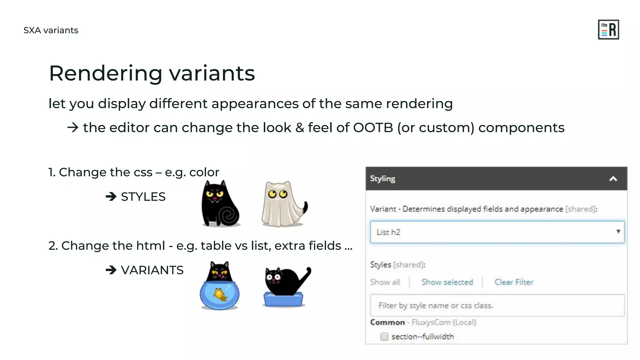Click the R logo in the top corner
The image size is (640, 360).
pyautogui.click(x=608, y=30)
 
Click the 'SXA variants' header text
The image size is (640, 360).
pyautogui.click(x=51, y=30)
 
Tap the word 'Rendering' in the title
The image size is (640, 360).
pyautogui.click(x=106, y=73)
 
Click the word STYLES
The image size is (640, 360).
pyautogui.click(x=143, y=197)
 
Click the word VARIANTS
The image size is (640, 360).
pyautogui.click(x=152, y=270)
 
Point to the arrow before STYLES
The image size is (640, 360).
pyautogui.click(x=111, y=197)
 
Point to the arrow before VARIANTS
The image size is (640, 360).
pyautogui.click(x=111, y=270)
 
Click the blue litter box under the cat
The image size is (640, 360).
pyautogui.click(x=283, y=300)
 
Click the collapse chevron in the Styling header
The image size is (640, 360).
pyautogui.click(x=613, y=179)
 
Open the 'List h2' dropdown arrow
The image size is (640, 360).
pyautogui.click(x=618, y=232)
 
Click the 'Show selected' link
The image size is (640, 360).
pyautogui.click(x=447, y=282)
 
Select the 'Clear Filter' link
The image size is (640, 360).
pyautogui.click(x=514, y=282)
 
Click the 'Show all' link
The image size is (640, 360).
pyautogui.click(x=385, y=282)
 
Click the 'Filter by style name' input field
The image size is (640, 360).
pyautogui.click(x=497, y=305)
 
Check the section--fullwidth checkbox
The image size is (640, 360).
pyautogui.click(x=384, y=337)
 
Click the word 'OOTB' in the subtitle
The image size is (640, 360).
pyautogui.click(x=373, y=128)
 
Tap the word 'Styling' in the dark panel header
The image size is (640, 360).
pyautogui.click(x=382, y=179)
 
